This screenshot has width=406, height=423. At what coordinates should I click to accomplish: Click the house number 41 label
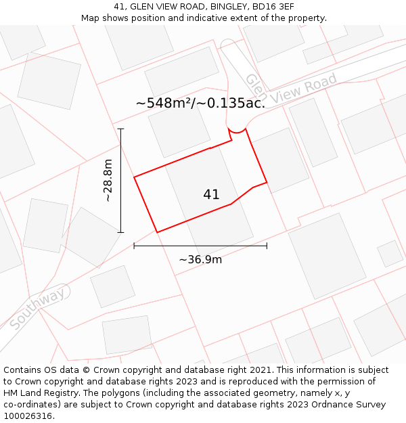pyautogui.click(x=211, y=195)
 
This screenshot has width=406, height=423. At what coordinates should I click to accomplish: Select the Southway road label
pyautogui.click(x=38, y=309)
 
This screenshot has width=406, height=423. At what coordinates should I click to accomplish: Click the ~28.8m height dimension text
pyautogui.click(x=108, y=181)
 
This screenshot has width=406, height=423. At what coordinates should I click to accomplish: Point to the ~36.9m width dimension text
pyautogui.click(x=200, y=259)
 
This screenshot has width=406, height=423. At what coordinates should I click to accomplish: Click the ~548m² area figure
pyautogui.click(x=164, y=103)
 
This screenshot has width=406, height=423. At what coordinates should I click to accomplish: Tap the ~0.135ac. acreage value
pyautogui.click(x=232, y=103)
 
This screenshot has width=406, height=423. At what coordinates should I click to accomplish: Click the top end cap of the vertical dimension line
pyautogui.click(x=120, y=129)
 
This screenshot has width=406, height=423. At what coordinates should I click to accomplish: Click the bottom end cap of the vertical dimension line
pyautogui.click(x=120, y=232)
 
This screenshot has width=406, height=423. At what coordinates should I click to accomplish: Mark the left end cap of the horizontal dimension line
pyautogui.click(x=134, y=246)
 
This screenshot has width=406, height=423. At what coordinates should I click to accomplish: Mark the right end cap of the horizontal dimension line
pyautogui.click(x=267, y=246)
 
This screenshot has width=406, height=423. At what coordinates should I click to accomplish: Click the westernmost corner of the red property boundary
pyautogui.click(x=134, y=177)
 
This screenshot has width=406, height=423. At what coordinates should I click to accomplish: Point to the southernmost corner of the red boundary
pyautogui.click(x=157, y=233)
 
